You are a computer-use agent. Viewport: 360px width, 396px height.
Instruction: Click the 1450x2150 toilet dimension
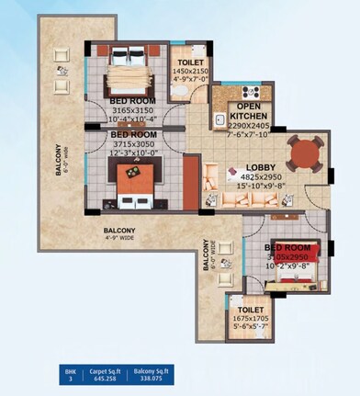point(189,71)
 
